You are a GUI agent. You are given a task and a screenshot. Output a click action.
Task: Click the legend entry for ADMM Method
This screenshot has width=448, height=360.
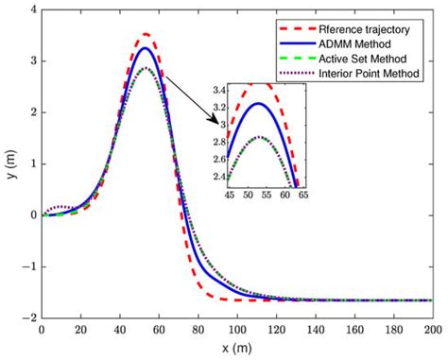(373, 44)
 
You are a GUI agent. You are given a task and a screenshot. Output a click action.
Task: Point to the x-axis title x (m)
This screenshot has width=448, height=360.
(235, 350)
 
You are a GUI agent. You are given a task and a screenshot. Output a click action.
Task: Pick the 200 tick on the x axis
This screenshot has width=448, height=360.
(430, 333)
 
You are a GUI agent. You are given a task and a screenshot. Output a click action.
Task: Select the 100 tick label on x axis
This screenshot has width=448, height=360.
(236, 333)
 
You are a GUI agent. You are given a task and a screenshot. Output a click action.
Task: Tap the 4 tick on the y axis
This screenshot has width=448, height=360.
(34, 10)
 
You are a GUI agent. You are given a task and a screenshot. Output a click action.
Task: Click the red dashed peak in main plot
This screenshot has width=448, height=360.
(145, 34)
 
